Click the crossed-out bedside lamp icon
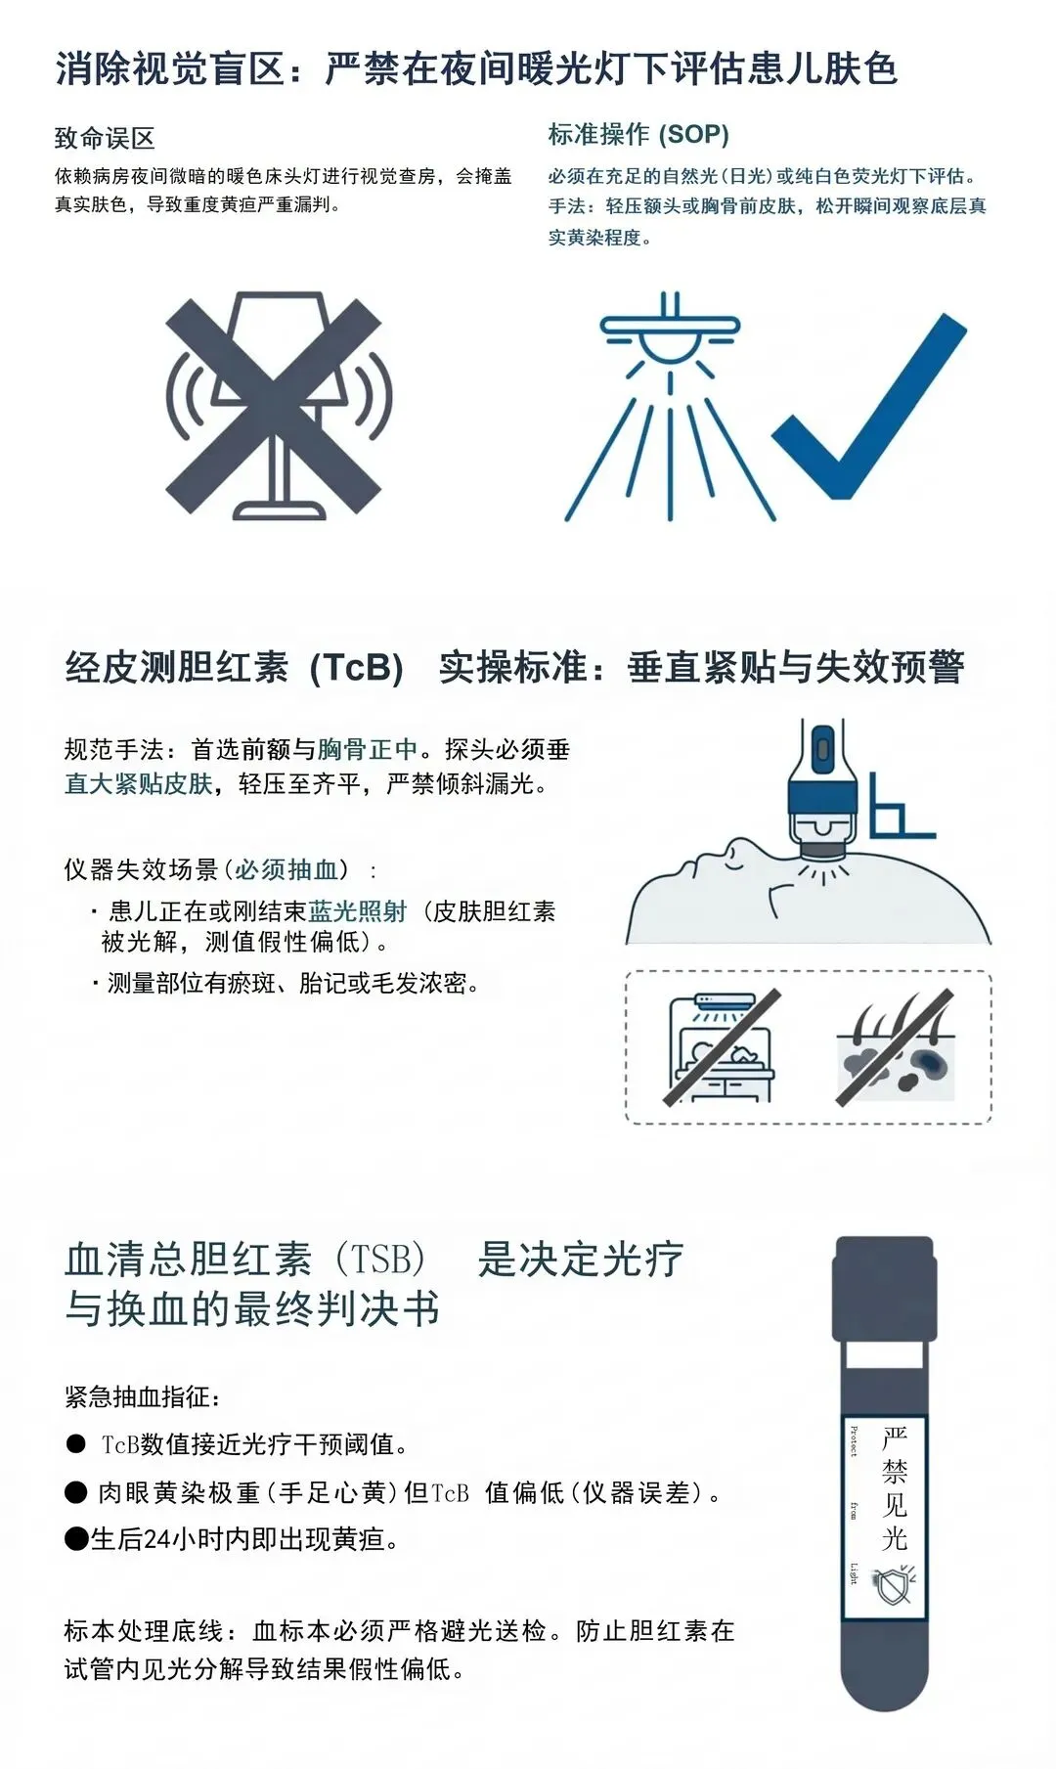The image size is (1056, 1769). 278,404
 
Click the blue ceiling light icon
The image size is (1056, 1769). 670,406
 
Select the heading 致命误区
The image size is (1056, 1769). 105,138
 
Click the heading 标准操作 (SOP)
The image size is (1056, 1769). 638,134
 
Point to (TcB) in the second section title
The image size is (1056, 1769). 356,667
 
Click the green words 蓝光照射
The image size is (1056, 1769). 358,911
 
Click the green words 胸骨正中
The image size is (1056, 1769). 368,750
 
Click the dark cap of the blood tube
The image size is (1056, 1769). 885,1288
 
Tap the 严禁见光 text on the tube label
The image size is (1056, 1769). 895,1488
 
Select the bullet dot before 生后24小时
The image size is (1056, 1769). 76,1539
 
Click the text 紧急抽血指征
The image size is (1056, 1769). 143,1396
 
